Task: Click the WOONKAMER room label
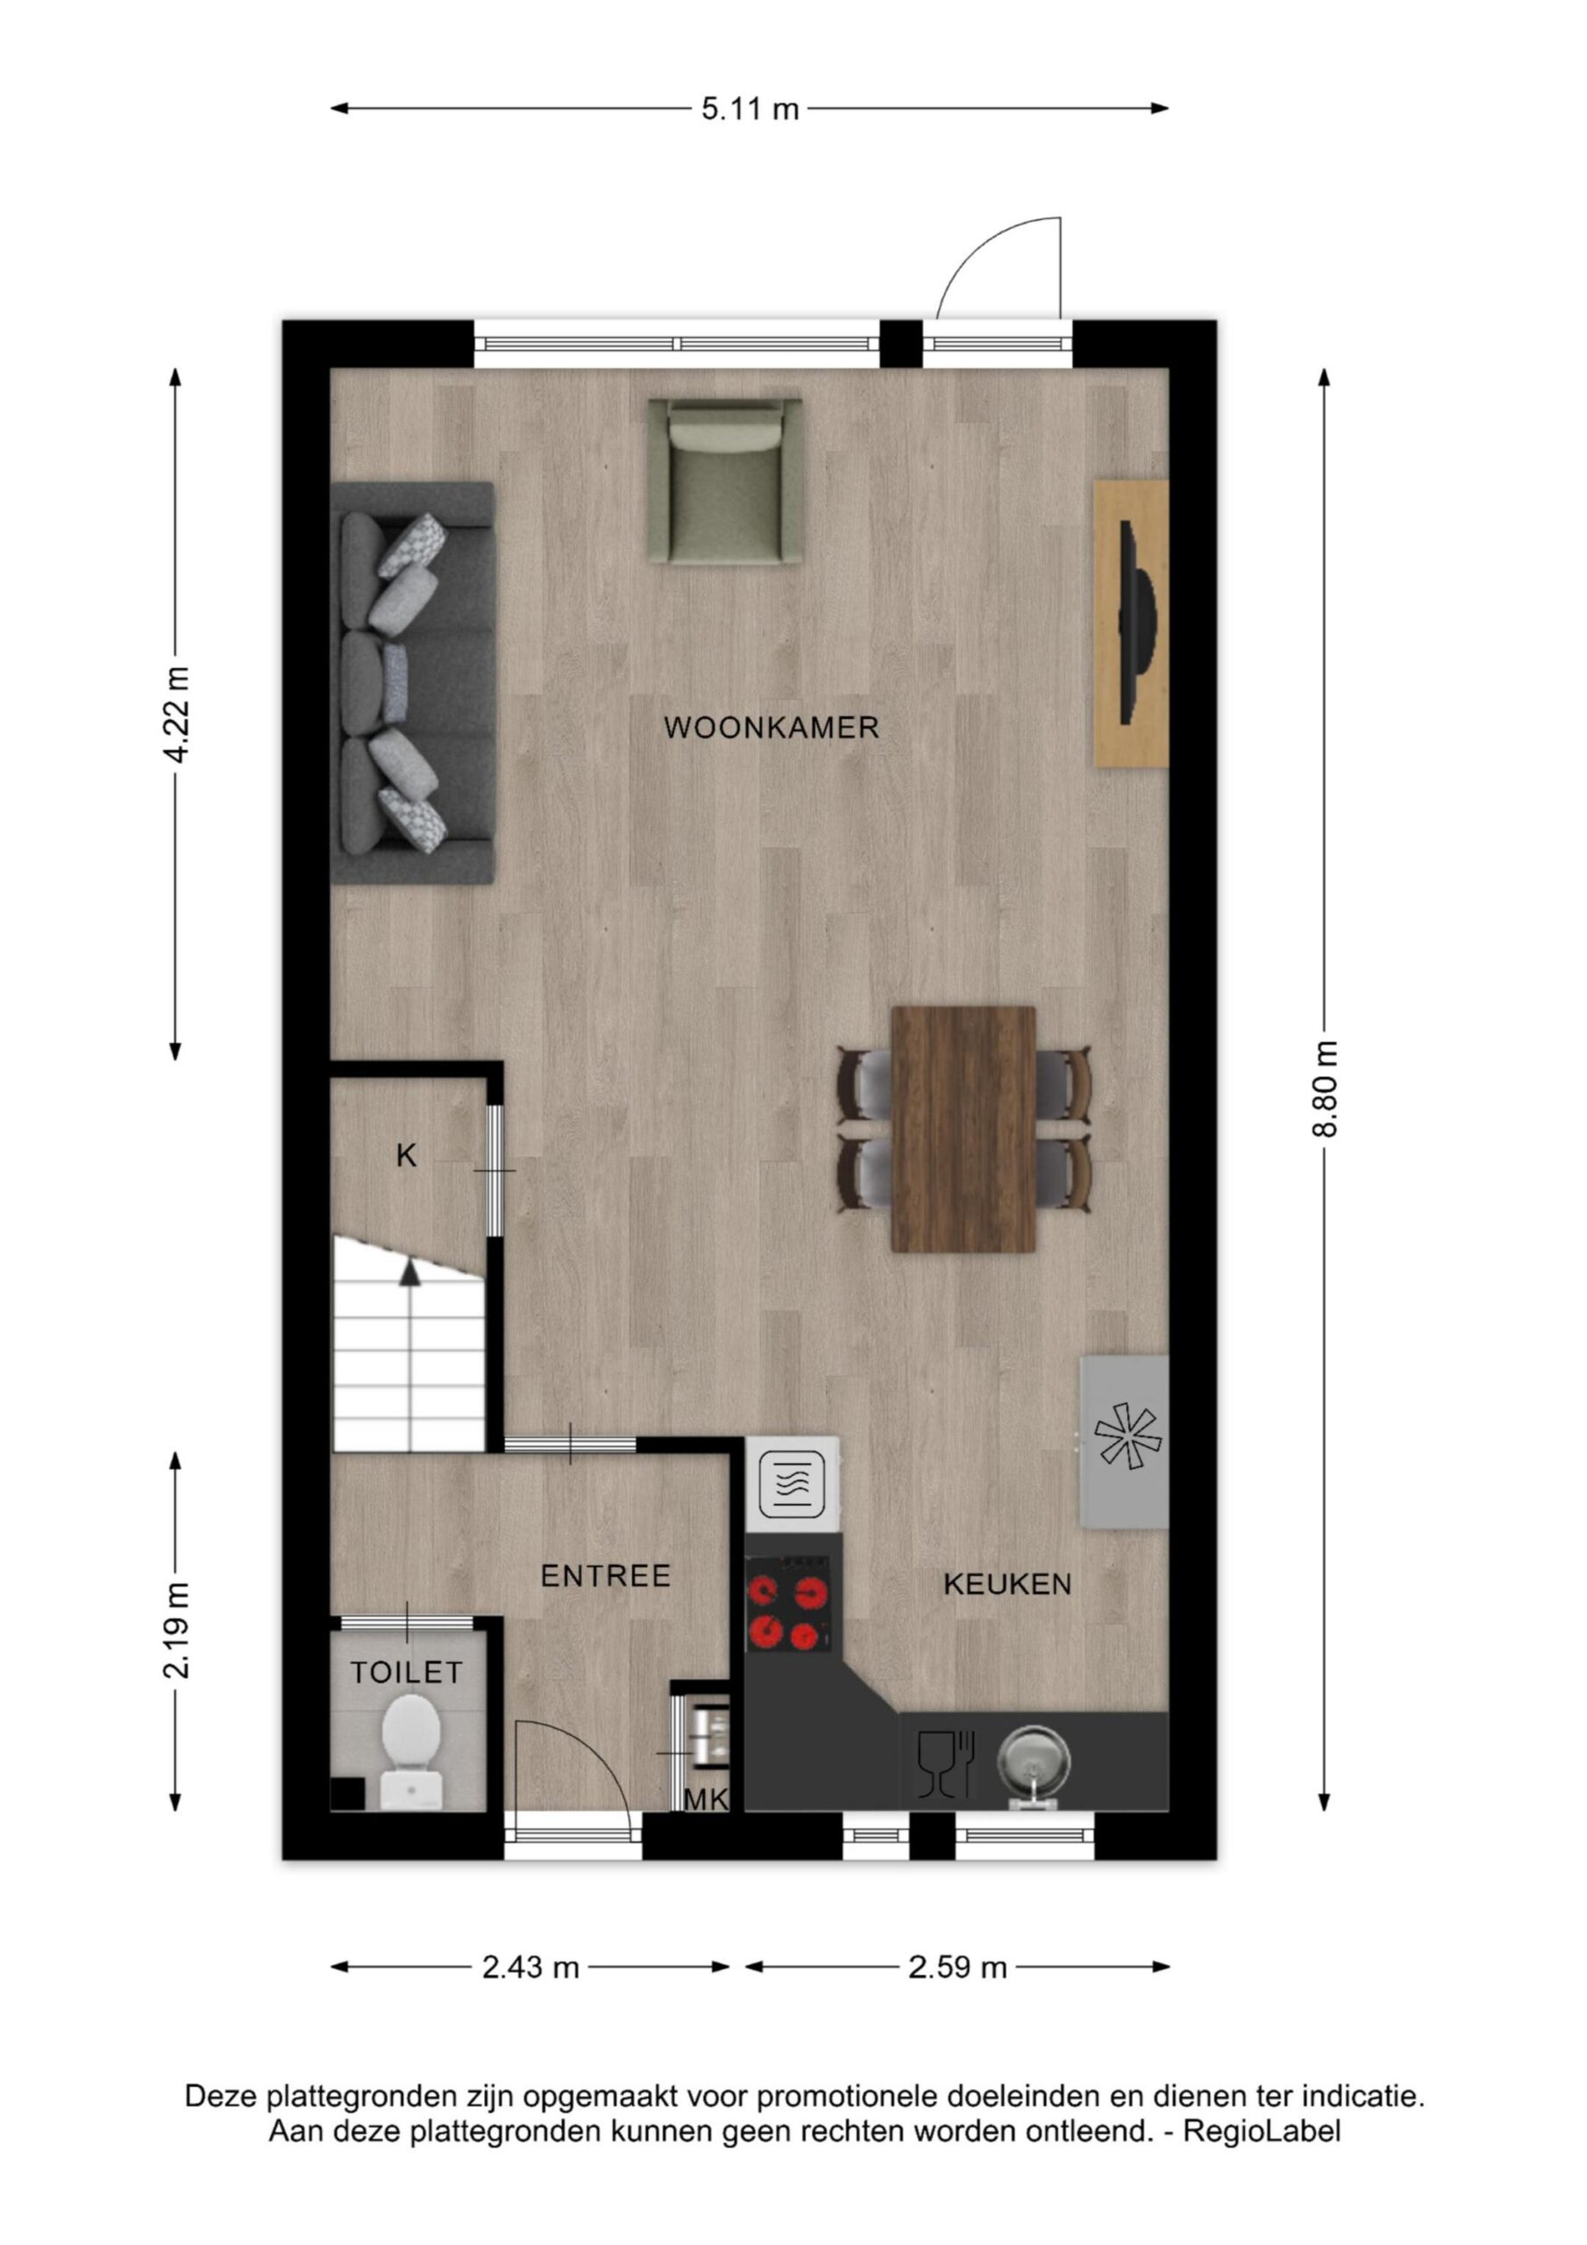(772, 728)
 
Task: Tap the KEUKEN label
(1007, 1584)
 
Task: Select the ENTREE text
(606, 1575)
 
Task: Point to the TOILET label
(407, 1672)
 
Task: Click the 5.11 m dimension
(750, 109)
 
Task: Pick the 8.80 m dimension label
(1325, 1088)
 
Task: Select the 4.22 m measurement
(177, 715)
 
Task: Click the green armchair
(725, 481)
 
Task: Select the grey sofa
(413, 682)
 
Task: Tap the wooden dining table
(963, 1129)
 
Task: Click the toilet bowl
(409, 1757)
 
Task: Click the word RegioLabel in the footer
(1262, 2132)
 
